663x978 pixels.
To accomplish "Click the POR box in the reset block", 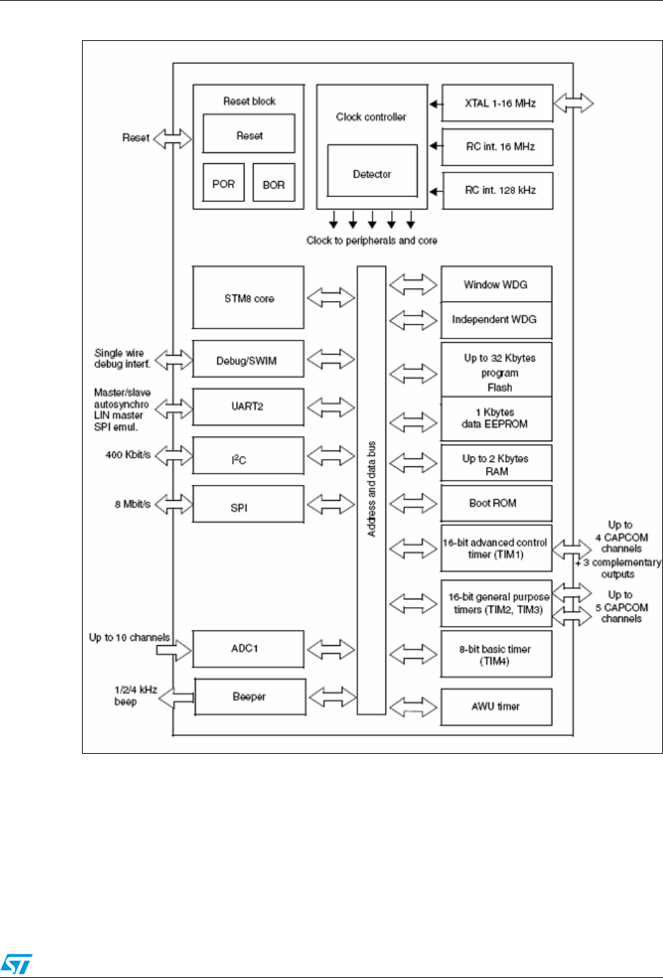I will coord(224,183).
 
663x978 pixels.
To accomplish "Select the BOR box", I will coord(274,183).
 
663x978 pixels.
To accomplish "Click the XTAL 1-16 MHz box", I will coord(498,103).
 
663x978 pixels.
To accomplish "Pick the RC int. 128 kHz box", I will coord(498,190).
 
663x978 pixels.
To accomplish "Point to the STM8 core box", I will coord(248,297).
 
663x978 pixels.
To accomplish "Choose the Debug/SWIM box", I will coord(248,360).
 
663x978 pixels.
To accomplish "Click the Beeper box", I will coord(250,697).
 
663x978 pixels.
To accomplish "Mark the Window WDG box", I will coord(495,285).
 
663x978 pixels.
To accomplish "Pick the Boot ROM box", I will coord(495,503).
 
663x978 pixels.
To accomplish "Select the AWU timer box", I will coord(495,706).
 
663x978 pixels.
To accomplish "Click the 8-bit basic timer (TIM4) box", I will coord(495,655).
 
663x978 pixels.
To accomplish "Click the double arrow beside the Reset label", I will coord(173,138).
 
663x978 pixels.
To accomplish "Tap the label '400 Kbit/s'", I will coord(128,455).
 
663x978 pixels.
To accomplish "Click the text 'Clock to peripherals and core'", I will coord(372,241).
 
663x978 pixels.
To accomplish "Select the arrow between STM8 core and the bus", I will coord(331,297).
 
